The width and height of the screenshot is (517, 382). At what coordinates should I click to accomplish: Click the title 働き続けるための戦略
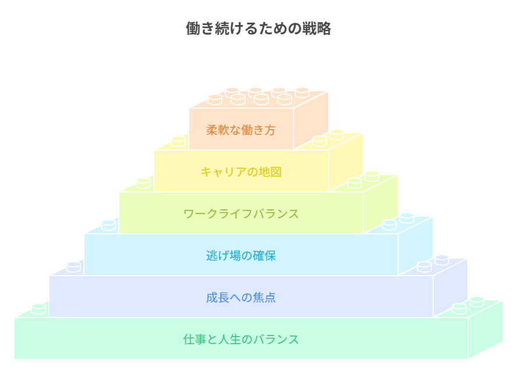coord(258,28)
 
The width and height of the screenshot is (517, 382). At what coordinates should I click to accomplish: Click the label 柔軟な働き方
coord(240,130)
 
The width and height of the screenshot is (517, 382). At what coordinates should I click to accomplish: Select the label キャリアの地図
coord(241,172)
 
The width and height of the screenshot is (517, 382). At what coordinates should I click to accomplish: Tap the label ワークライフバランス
coord(241,214)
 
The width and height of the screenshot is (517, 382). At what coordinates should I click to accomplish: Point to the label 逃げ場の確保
coord(241,256)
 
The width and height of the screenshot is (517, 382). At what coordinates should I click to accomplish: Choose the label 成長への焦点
coord(241,297)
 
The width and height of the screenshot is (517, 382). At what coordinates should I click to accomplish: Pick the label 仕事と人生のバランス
coord(241,339)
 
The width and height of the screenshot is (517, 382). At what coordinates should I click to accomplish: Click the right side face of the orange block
coord(310,120)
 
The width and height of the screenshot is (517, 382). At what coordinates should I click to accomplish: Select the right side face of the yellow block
coord(346,162)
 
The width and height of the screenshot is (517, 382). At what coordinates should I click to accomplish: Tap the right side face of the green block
coord(381,204)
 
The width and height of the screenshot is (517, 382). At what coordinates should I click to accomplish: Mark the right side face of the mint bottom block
coord(485,329)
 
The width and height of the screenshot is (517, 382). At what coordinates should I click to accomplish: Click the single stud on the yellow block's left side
coord(178,141)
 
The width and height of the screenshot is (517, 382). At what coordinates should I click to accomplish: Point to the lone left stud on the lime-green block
coord(143,183)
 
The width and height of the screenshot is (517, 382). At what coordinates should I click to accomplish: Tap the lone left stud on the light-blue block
coord(108,225)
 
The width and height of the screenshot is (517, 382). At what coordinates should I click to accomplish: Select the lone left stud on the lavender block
coord(73,267)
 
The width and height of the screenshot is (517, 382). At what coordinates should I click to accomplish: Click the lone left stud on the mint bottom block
coord(38,309)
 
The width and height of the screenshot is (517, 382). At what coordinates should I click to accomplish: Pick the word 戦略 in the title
coord(317,28)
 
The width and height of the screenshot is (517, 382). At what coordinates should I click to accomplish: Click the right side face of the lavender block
coord(451,287)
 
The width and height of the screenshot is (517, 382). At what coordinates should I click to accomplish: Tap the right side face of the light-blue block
coord(416,246)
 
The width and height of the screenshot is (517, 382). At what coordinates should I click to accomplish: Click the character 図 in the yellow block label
coord(276,172)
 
